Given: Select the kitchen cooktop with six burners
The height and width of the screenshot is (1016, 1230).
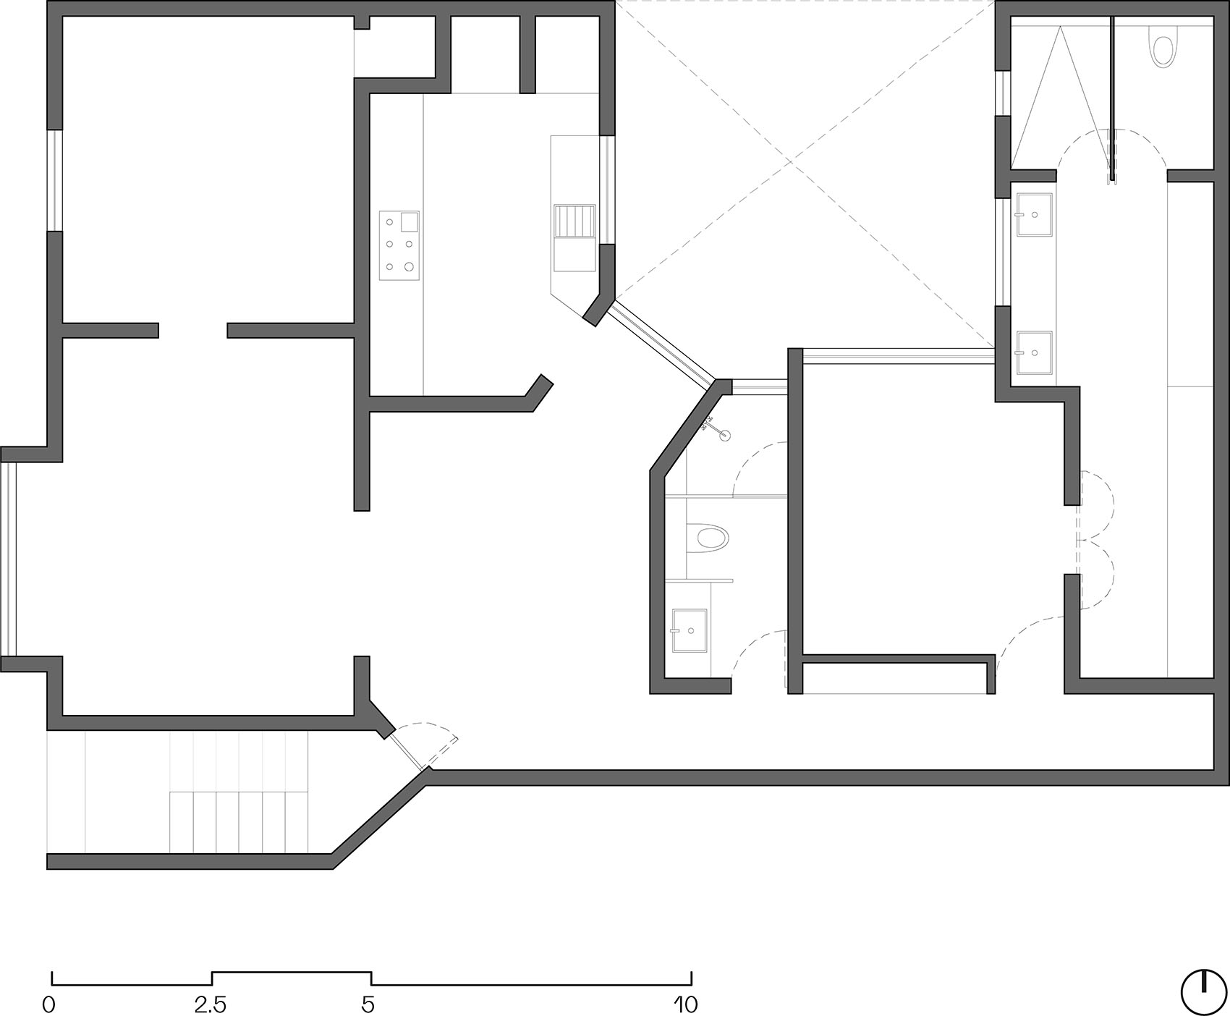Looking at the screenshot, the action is click(399, 245).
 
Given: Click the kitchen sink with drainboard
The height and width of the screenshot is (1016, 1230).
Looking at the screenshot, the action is click(574, 238).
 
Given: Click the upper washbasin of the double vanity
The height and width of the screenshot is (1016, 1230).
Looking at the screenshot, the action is click(1035, 214).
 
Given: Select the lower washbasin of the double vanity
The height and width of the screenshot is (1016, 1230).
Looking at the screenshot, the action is click(1035, 352).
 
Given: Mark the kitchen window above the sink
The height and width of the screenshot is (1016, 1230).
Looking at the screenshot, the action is click(608, 190).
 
